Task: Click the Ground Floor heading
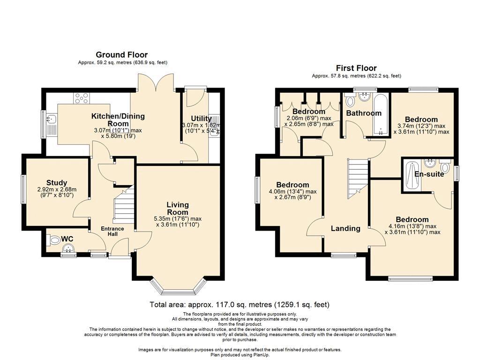(121, 55)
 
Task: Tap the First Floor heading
(356, 68)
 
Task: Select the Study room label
(57, 183)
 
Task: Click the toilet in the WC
(53, 240)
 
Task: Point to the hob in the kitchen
(82, 98)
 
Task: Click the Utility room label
(201, 119)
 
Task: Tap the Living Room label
(178, 209)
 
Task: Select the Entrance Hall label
(112, 232)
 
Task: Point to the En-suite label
(429, 174)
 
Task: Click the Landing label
(345, 228)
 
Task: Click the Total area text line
(240, 305)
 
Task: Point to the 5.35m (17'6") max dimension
(178, 219)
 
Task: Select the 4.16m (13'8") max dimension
(412, 226)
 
